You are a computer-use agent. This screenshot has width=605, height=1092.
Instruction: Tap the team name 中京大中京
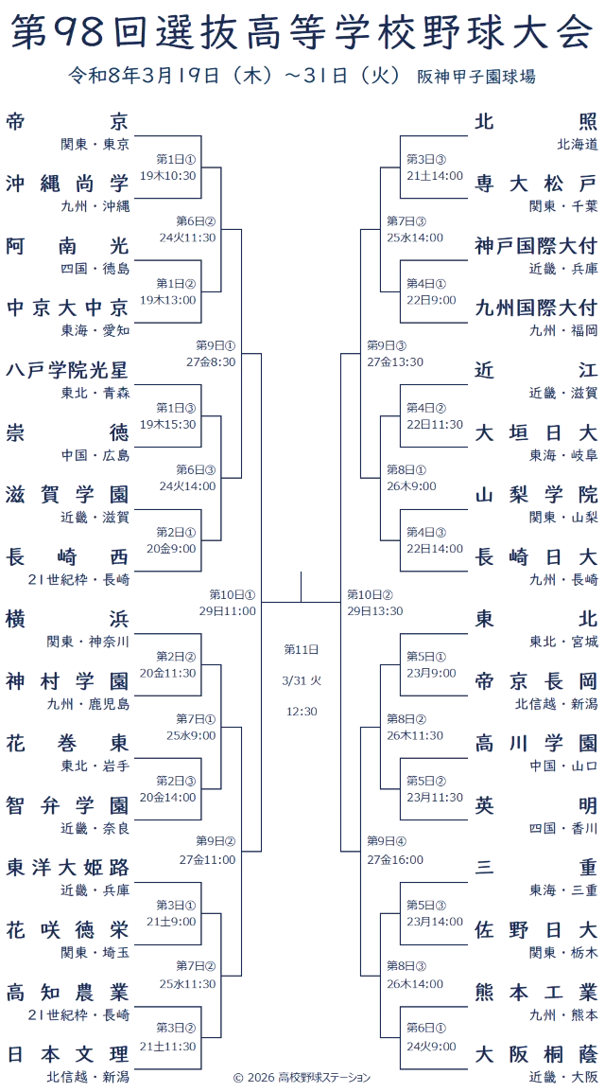click(67, 308)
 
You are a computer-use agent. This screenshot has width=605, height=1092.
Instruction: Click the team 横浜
click(67, 619)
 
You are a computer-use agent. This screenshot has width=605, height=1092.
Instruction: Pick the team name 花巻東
click(67, 743)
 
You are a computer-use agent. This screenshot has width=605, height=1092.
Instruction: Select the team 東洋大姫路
click(67, 868)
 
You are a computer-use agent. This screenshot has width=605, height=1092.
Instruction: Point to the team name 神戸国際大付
click(536, 245)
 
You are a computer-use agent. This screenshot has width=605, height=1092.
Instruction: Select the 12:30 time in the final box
click(299, 709)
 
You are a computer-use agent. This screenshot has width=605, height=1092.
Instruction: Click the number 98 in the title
click(82, 31)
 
